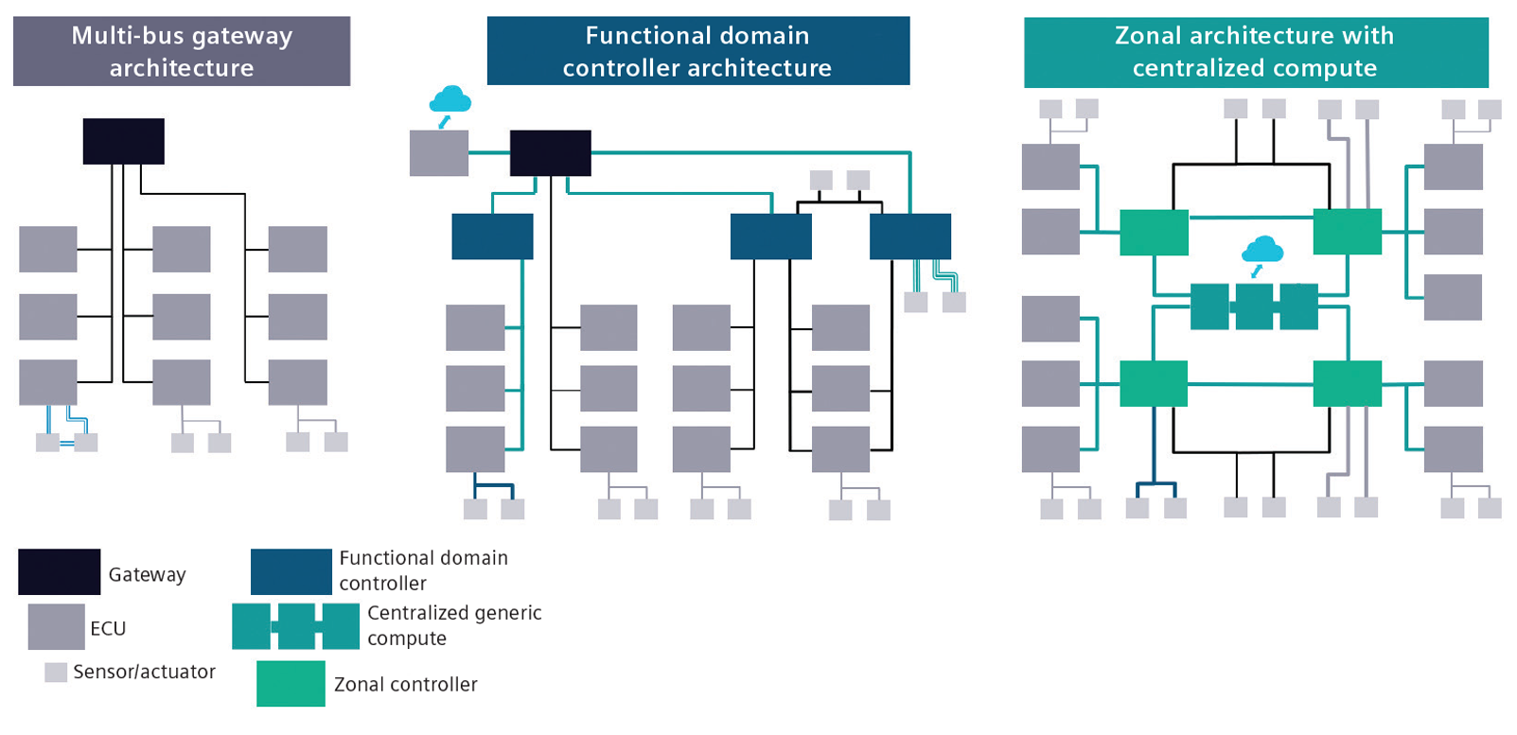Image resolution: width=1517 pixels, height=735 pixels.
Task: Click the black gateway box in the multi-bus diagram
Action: click(x=123, y=141)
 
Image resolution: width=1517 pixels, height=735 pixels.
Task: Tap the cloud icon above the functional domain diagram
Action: click(x=450, y=99)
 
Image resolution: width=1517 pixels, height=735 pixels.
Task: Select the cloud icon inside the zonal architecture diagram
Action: click(x=1262, y=251)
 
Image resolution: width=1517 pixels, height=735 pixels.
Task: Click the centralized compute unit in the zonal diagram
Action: click(x=1254, y=306)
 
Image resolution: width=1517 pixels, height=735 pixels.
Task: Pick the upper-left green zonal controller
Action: click(x=1154, y=232)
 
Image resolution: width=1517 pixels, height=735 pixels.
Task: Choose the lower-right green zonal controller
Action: click(x=1347, y=383)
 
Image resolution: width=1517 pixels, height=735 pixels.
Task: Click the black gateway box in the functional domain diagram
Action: click(x=550, y=153)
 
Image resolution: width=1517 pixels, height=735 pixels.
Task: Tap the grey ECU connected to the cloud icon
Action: click(x=438, y=153)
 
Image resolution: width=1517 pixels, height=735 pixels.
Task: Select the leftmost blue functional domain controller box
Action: click(x=492, y=236)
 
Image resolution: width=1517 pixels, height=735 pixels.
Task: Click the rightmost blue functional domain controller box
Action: click(x=909, y=236)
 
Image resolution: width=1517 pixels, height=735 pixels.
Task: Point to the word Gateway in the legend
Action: click(x=147, y=574)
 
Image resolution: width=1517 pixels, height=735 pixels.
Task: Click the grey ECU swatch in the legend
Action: click(x=56, y=627)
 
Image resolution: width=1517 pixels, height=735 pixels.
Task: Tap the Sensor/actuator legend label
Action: click(x=144, y=672)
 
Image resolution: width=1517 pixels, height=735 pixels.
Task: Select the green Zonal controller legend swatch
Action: click(x=291, y=683)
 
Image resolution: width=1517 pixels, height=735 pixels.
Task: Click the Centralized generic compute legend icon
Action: click(x=295, y=626)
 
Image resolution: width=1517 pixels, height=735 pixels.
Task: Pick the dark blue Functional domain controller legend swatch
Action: click(x=291, y=571)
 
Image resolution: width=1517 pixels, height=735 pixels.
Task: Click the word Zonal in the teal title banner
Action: click(x=1148, y=36)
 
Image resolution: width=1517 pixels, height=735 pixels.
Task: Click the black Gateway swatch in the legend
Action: click(x=59, y=571)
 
